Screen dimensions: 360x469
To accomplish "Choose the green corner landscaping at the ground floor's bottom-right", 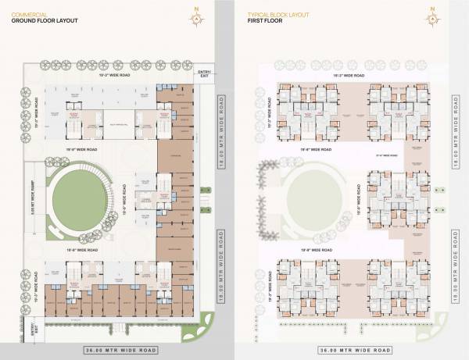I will [x=205, y=323].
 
